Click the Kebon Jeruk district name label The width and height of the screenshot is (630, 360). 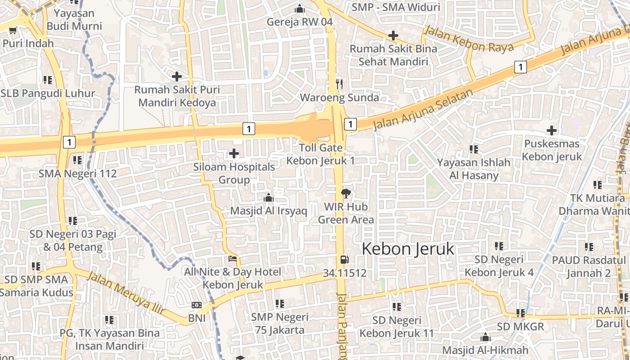(x=408, y=249)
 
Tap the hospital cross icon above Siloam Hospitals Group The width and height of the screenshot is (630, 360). (x=234, y=154)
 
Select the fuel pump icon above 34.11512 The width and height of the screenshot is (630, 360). (x=344, y=260)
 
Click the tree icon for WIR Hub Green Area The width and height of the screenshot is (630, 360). (x=346, y=194)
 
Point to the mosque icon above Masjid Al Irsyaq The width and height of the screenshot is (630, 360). (x=269, y=198)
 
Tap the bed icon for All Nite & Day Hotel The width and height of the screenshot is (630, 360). (x=233, y=259)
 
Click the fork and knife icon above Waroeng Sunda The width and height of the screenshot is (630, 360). (x=339, y=84)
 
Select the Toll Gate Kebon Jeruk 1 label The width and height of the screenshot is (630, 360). (x=321, y=154)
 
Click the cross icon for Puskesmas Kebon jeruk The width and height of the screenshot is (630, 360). (x=551, y=131)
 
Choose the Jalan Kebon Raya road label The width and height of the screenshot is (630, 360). (x=468, y=39)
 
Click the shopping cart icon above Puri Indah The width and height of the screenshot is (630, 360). (x=13, y=30)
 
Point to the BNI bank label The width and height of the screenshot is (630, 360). (x=197, y=318)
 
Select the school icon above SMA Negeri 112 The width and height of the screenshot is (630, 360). (x=77, y=160)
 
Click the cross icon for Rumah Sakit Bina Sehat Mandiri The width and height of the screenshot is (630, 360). (x=393, y=36)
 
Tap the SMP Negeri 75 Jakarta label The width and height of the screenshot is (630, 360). (x=279, y=324)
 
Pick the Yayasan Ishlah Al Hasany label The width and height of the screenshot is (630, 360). (x=473, y=169)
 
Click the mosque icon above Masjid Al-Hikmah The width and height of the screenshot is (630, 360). (x=485, y=337)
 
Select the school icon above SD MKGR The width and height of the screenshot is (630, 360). (x=521, y=313)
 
